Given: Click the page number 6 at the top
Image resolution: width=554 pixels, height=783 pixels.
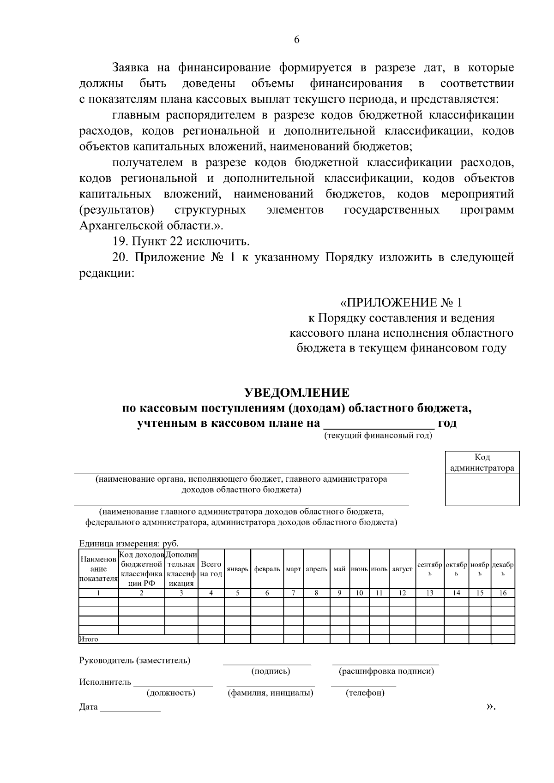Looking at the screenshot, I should coord(297,40).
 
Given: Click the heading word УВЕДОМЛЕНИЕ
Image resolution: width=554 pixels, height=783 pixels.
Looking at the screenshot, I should coord(297,393).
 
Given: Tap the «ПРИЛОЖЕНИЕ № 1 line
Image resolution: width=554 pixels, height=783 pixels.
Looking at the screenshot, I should coord(401,303).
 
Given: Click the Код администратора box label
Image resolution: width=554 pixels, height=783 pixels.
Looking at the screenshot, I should coord(482,463).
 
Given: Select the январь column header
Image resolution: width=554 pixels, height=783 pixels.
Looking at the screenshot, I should coord(237,569).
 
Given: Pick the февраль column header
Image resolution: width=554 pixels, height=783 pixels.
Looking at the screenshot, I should coord(267,569).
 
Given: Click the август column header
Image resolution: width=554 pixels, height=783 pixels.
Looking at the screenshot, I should coord(402,569).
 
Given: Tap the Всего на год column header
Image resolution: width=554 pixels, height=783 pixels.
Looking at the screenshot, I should coord(211,568).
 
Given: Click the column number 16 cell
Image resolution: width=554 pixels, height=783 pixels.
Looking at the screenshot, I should coord(503,593).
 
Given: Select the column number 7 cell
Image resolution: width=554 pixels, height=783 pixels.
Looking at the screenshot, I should coord(293,593).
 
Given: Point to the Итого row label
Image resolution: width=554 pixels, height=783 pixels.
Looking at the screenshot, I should coord(89,639).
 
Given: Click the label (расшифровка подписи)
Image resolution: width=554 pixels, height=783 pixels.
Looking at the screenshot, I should coord(386,671).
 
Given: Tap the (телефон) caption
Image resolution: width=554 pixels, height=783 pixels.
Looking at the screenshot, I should coord(365,693).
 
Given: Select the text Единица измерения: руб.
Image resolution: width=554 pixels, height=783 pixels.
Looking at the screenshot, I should coord(129,544).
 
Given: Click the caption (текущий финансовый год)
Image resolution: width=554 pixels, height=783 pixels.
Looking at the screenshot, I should coord(378,435).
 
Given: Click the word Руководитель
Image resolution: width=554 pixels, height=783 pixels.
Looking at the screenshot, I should coord(106,660).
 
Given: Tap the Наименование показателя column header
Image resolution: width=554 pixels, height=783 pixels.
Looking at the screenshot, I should coord(98,569).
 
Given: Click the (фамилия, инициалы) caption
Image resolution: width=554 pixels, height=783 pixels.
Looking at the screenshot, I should coord(271,693).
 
